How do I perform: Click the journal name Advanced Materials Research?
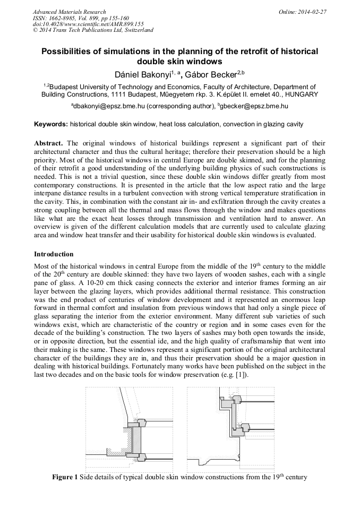pos(69,12)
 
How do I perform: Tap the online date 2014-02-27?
pos(311,12)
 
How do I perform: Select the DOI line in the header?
pos(88,24)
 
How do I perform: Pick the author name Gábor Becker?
pos(210,74)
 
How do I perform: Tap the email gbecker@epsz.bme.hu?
pos(254,106)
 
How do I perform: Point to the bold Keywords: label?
pos(51,124)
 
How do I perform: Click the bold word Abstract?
pos(48,143)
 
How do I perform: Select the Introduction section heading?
pos(54,254)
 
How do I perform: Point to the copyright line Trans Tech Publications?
pos(93,30)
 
